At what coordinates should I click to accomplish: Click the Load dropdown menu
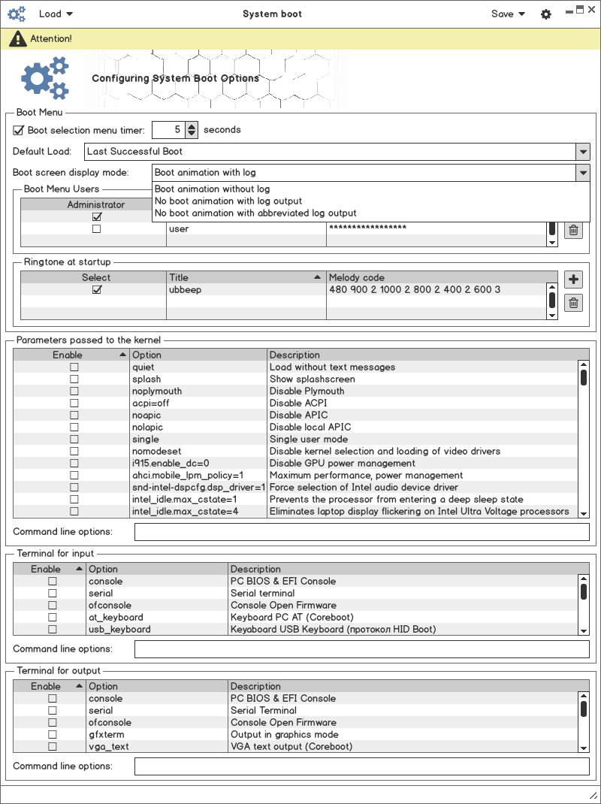pyautogui.click(x=56, y=14)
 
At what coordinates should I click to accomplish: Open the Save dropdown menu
pyautogui.click(x=508, y=14)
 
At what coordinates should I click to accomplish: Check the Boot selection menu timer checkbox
pyautogui.click(x=19, y=130)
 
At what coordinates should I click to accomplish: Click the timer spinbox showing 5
pyautogui.click(x=168, y=130)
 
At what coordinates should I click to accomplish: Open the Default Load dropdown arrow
pyautogui.click(x=583, y=151)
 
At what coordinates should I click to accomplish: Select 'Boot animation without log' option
pyautogui.click(x=212, y=189)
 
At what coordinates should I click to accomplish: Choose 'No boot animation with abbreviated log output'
pyautogui.click(x=255, y=213)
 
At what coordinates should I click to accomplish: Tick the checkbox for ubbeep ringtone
pyautogui.click(x=96, y=290)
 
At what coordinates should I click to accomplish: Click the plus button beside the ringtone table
pyautogui.click(x=573, y=280)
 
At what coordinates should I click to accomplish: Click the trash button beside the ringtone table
pyautogui.click(x=573, y=303)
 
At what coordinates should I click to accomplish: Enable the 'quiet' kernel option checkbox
pyautogui.click(x=74, y=367)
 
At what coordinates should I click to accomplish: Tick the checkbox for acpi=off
pyautogui.click(x=74, y=404)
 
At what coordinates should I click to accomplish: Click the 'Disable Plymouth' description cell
pyautogui.click(x=307, y=391)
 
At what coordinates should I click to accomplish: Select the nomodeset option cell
pyautogui.click(x=156, y=452)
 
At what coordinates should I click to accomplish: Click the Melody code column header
pyautogui.click(x=436, y=278)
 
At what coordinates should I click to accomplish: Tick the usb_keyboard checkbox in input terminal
pyautogui.click(x=53, y=630)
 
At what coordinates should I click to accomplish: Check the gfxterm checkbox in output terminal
pyautogui.click(x=53, y=735)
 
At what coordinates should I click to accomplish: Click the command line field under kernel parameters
pyautogui.click(x=361, y=532)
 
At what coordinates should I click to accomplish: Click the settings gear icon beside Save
pyautogui.click(x=546, y=14)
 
